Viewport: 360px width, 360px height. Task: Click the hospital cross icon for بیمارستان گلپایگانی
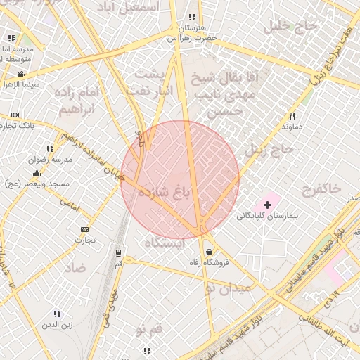point(268,204)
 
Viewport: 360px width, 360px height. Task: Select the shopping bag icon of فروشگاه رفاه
point(209,252)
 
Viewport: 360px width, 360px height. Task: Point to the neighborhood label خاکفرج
point(321,188)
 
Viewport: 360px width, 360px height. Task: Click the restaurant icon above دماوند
point(292,116)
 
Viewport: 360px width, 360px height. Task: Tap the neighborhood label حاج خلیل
point(286,26)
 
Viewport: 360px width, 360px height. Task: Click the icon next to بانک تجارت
point(15,115)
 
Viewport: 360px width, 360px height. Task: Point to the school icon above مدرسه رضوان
point(49,148)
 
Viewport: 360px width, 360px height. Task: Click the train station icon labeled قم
point(118,252)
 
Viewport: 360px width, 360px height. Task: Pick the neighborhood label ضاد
point(76,267)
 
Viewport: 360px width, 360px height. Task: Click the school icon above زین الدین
point(56,314)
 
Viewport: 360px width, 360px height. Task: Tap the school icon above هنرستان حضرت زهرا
point(191,18)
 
